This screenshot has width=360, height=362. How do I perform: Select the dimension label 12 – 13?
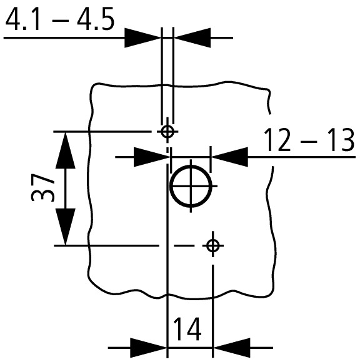click(308, 140)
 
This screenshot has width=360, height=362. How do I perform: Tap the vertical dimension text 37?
click(42, 188)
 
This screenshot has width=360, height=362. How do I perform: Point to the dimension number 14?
click(186, 328)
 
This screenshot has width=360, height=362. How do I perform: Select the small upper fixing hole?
click(167, 132)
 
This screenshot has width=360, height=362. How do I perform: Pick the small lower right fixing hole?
click(213, 246)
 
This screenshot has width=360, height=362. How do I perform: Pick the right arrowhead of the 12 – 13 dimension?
click(230, 157)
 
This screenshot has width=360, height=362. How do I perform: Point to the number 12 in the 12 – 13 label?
click(277, 140)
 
